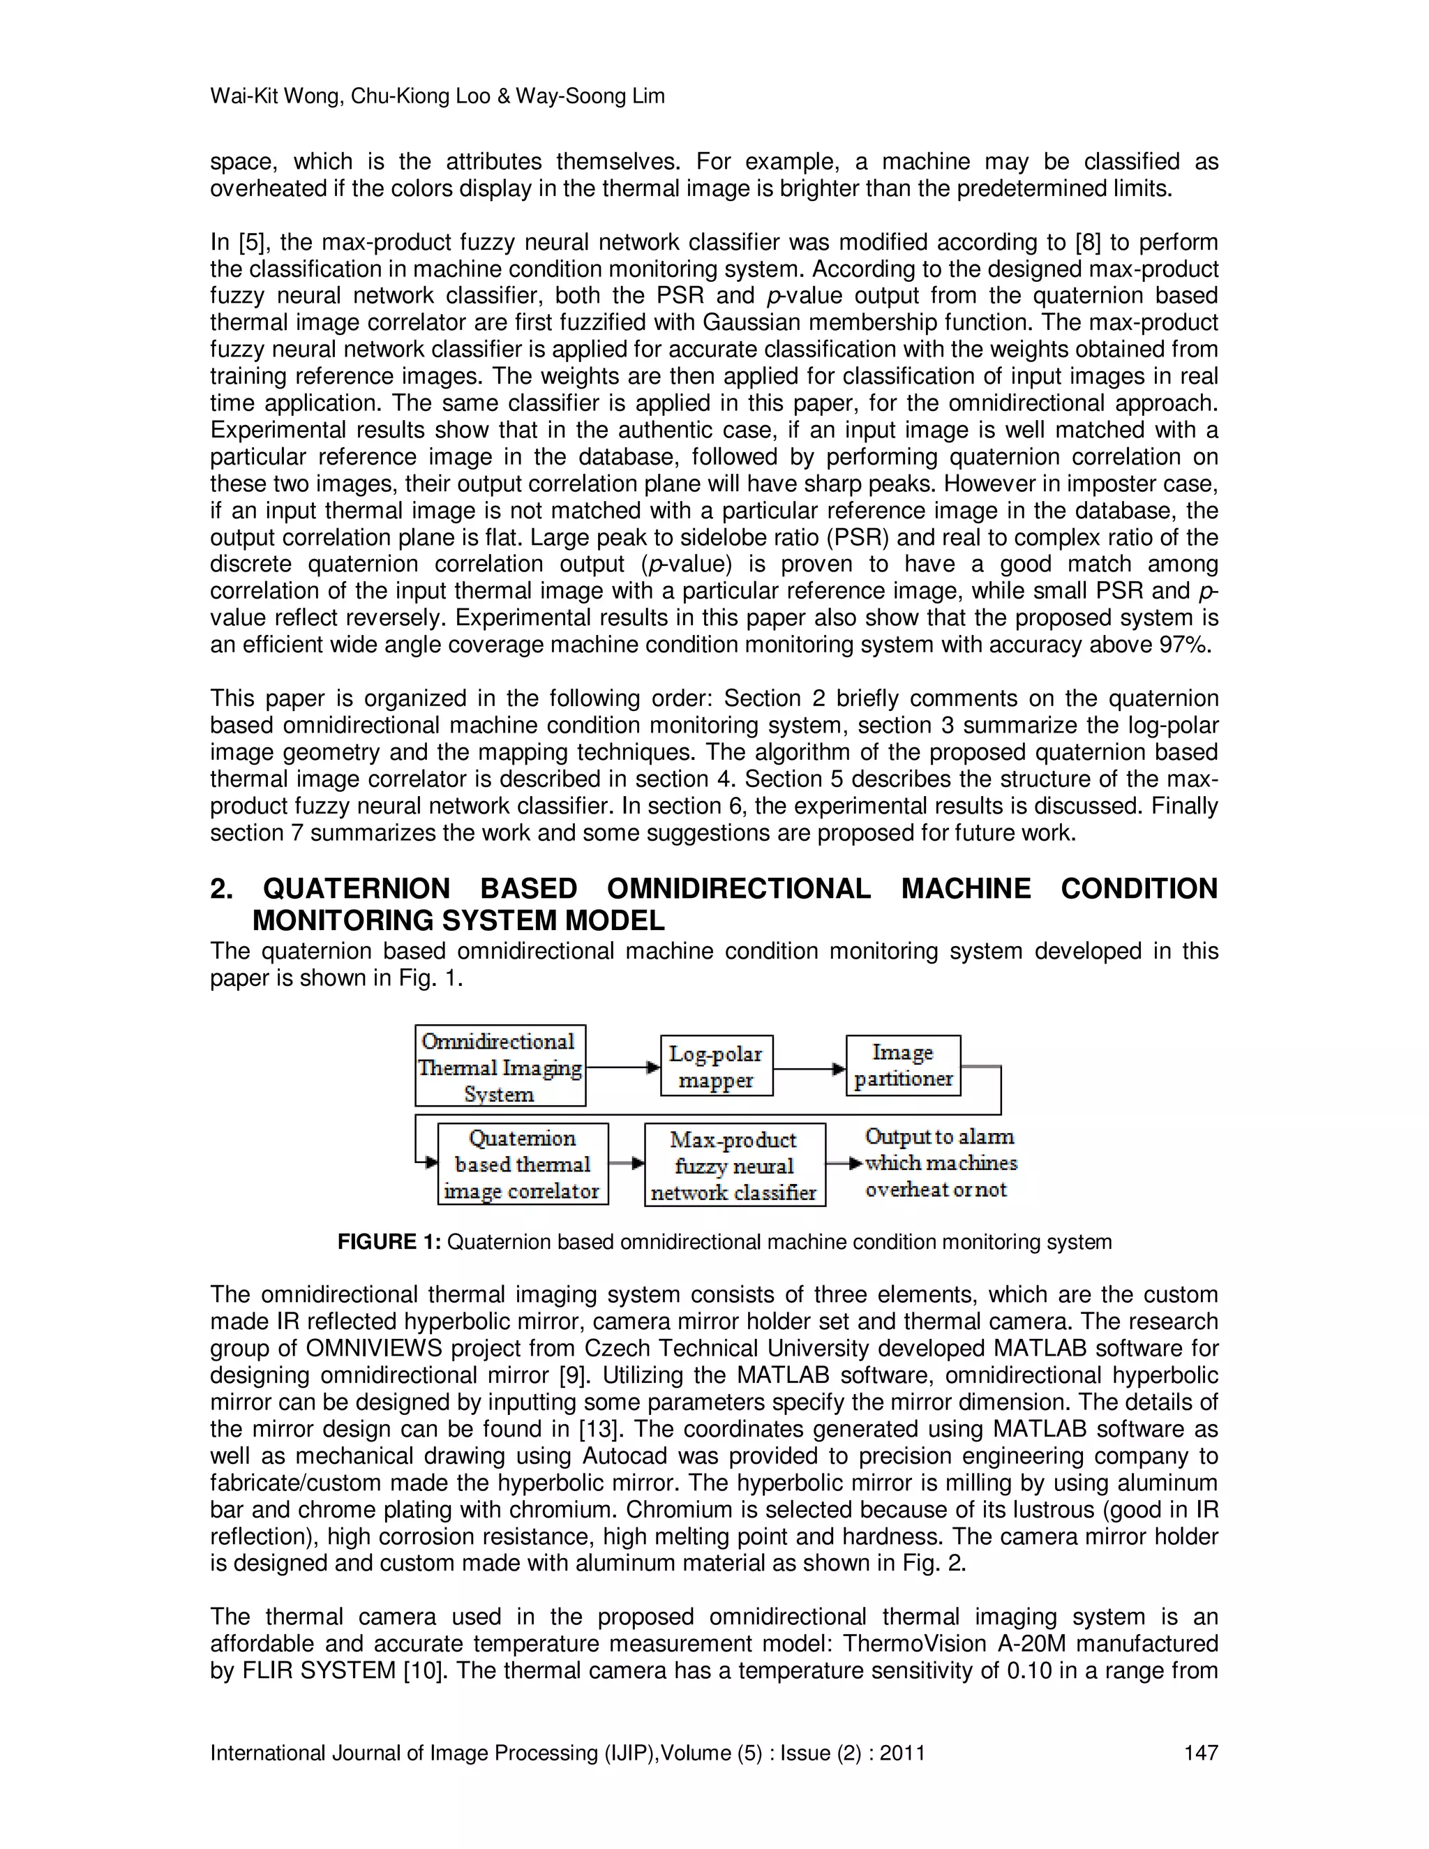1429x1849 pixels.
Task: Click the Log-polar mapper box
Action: pyautogui.click(x=716, y=1066)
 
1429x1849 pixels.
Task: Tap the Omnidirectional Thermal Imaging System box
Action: pyautogui.click(x=500, y=1067)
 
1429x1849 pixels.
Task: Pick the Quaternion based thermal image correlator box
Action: pyautogui.click(x=523, y=1164)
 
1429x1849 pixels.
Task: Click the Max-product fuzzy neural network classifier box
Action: pyautogui.click(x=734, y=1166)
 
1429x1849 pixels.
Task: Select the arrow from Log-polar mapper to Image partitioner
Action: pyautogui.click(x=809, y=1068)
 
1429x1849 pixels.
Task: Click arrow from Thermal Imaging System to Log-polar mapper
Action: pyautogui.click(x=622, y=1068)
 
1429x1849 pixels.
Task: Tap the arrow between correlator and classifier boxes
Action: pyautogui.click(x=627, y=1163)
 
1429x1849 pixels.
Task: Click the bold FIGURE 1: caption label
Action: pyautogui.click(x=389, y=1243)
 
